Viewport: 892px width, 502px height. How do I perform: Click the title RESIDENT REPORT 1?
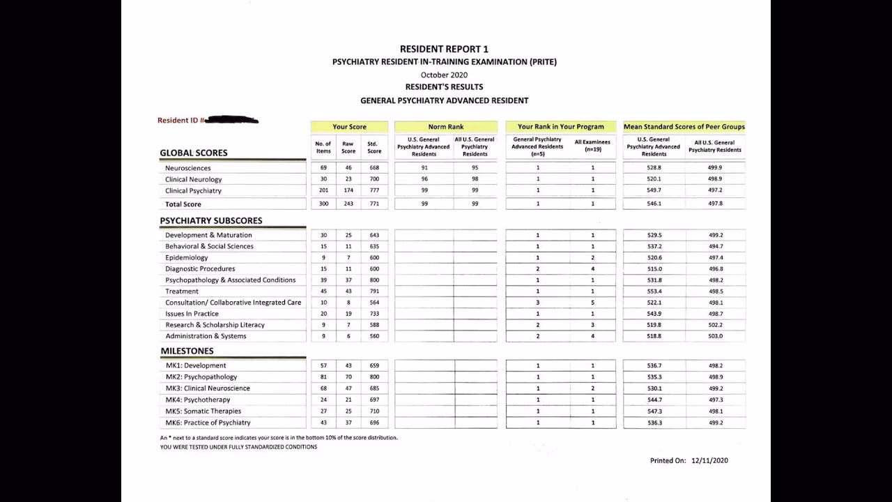(x=444, y=49)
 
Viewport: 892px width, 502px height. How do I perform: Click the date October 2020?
(x=444, y=75)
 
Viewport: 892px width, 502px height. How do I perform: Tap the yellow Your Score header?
(x=349, y=127)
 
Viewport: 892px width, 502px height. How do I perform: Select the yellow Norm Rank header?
(x=446, y=127)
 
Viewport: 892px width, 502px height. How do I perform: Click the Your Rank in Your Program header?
(x=561, y=127)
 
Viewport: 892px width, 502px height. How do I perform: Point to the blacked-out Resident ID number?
(x=231, y=120)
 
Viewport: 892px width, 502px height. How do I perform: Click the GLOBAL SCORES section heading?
(x=194, y=153)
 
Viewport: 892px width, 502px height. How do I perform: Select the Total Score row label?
(x=183, y=204)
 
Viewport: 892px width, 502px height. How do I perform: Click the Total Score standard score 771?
(x=374, y=204)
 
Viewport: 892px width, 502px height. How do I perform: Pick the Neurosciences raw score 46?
(x=348, y=168)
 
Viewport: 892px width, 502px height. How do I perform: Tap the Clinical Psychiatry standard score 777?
(x=374, y=190)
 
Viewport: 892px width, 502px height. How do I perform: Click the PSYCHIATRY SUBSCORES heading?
(x=211, y=220)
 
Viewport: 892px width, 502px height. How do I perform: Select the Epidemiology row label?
(x=186, y=257)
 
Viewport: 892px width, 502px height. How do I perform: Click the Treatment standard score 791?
(x=374, y=291)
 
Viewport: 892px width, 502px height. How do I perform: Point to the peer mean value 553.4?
(x=654, y=291)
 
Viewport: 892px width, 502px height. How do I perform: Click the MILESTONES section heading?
(x=187, y=351)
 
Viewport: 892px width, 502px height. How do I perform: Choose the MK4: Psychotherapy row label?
(x=197, y=400)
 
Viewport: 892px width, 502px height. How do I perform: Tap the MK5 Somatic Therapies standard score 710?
(x=374, y=411)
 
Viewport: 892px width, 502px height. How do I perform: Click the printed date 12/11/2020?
(x=709, y=460)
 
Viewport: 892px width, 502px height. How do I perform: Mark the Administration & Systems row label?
(x=206, y=336)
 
